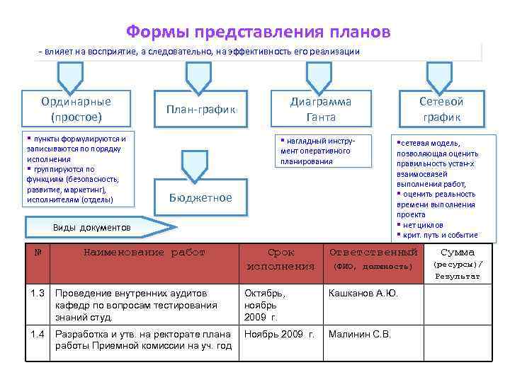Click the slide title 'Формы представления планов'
click(x=258, y=32)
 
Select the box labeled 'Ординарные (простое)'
click(x=76, y=108)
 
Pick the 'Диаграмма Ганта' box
click(x=321, y=108)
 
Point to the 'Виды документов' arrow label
click(x=93, y=228)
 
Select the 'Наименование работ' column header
click(x=144, y=252)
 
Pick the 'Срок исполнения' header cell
click(x=280, y=259)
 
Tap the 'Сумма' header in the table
click(x=458, y=252)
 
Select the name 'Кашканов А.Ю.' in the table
click(x=363, y=292)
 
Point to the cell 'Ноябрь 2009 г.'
click(x=279, y=334)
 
